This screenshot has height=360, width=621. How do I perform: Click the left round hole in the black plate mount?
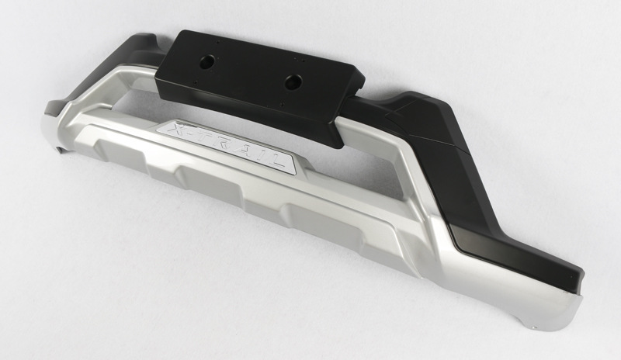coord(207,61)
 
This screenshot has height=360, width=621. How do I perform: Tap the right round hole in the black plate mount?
coord(293,81)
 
